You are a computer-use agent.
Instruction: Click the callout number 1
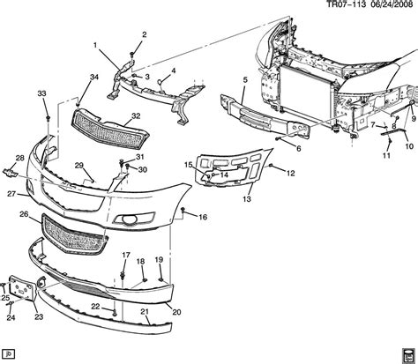(95, 45)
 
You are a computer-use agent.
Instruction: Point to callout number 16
(202, 216)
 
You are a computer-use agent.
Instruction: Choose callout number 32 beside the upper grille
(135, 115)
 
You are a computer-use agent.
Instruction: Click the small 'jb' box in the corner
(10, 354)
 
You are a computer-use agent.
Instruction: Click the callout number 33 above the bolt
(41, 95)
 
